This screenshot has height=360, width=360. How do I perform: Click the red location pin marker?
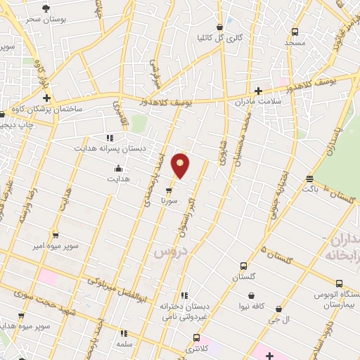pos(181,165)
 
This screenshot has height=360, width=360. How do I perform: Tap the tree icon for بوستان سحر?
pos(46,8)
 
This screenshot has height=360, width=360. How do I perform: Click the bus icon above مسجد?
pos(294,32)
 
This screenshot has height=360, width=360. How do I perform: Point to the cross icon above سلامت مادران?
pos(258,91)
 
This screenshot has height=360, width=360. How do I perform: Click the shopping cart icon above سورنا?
pos(169,190)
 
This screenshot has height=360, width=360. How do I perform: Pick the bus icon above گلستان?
pos(243,266)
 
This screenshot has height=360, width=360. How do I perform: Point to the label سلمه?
pos(125,345)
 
